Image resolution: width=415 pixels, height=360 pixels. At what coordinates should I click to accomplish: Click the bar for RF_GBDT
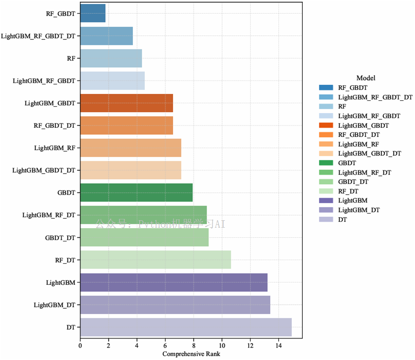point(93,13)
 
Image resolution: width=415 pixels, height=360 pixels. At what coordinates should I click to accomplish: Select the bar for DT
point(186,327)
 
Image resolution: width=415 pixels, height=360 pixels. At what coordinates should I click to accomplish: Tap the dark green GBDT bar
point(136,192)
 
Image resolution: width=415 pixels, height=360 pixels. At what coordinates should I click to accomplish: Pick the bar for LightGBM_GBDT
point(126,103)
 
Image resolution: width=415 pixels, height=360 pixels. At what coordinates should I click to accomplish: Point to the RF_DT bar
point(155,260)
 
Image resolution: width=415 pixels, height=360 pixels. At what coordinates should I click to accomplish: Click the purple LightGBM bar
point(174,282)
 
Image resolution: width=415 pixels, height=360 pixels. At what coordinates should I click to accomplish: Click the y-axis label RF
point(71,58)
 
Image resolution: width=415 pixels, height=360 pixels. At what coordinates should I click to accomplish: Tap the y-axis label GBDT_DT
point(60,238)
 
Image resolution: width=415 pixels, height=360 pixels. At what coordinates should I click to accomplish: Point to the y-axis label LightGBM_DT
point(55,305)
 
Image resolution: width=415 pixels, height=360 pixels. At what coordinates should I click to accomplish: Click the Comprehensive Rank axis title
point(191,354)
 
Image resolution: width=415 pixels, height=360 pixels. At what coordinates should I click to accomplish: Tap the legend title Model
point(366,78)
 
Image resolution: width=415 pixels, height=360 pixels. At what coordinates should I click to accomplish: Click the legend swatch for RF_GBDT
point(326,87)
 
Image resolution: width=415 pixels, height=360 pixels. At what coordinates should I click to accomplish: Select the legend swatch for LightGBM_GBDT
point(326,125)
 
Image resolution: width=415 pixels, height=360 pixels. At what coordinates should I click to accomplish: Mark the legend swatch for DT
point(326,219)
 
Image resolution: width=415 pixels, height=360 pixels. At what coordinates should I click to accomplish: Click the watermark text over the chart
point(160,224)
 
